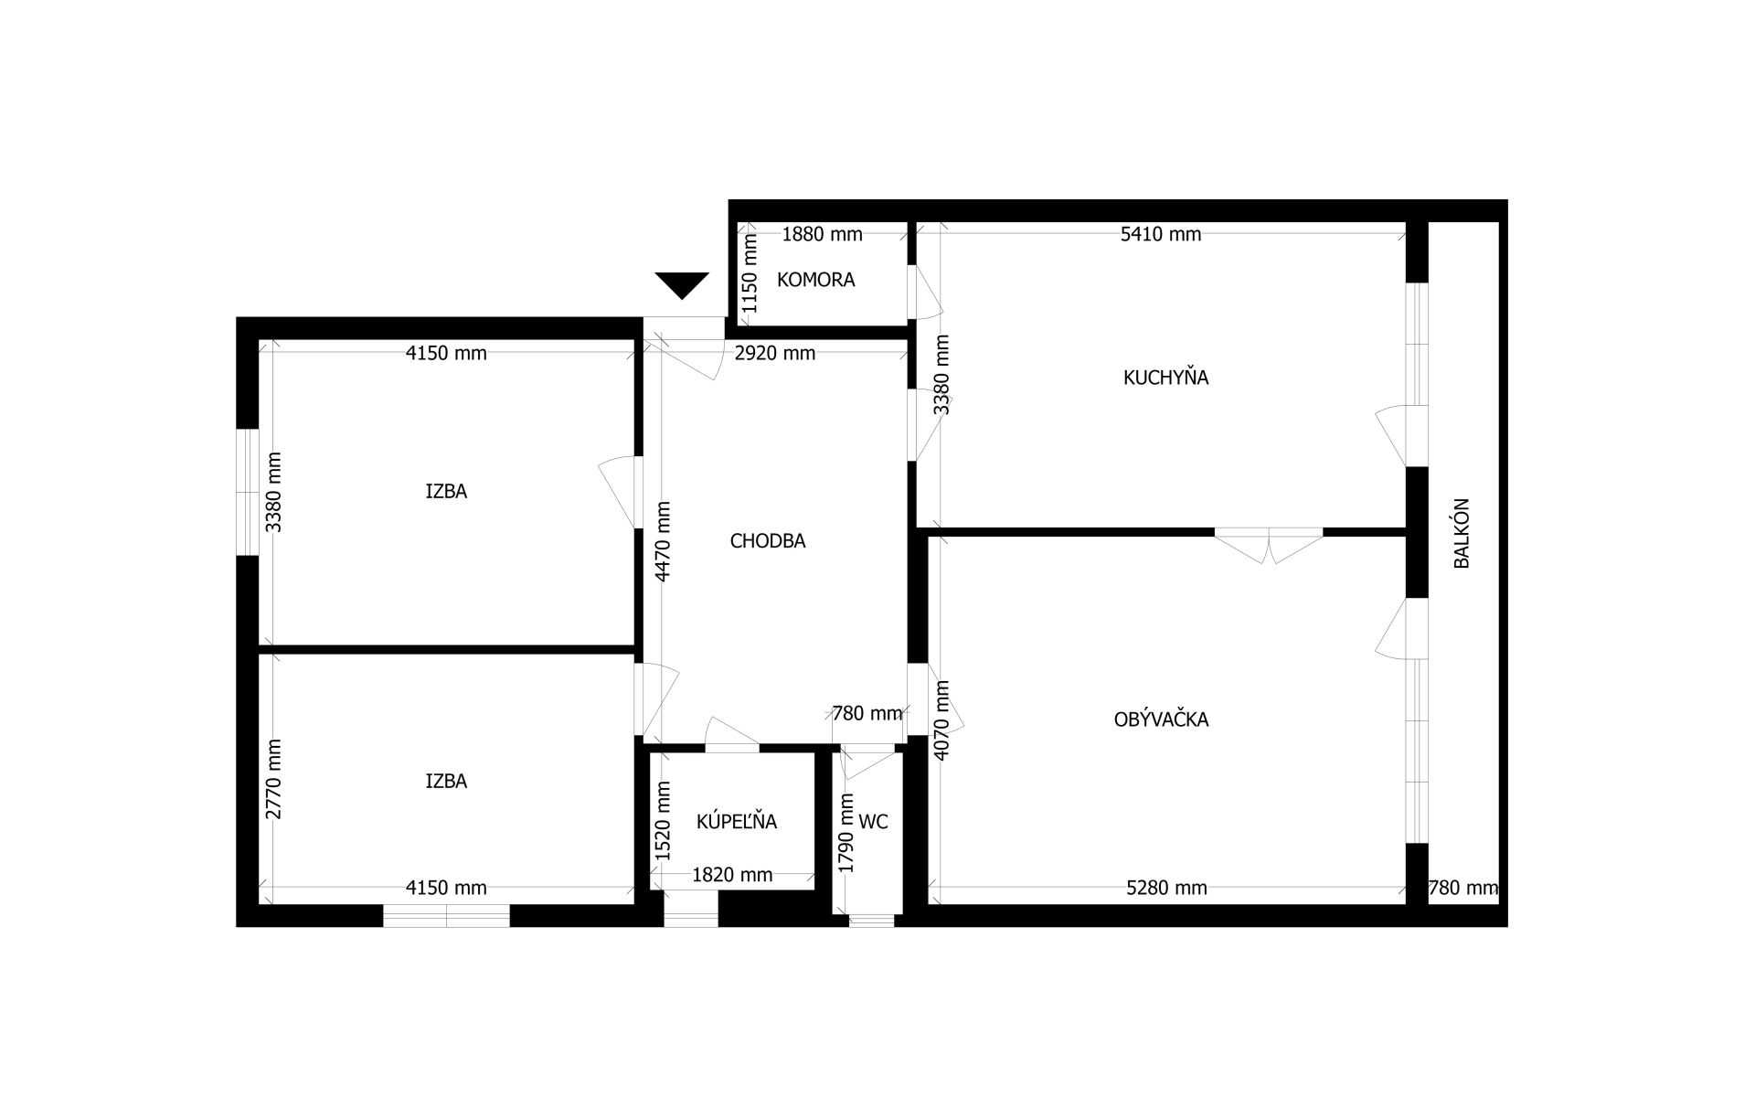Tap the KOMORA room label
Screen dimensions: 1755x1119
tap(816, 280)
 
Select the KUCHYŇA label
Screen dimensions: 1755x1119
tap(1165, 377)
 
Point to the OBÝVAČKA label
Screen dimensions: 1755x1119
tap(1161, 719)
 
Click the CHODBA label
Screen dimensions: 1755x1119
tap(768, 541)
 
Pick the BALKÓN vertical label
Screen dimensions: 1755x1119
tap(1462, 533)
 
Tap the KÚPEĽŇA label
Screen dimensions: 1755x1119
tap(737, 821)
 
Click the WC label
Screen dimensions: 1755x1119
tap(874, 822)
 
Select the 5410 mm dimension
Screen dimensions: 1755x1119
tap(1161, 234)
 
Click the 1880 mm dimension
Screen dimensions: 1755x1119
tap(822, 234)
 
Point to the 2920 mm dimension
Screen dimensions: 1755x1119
tap(775, 353)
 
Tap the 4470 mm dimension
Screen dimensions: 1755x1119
tap(664, 541)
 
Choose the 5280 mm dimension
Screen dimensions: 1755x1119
tap(1166, 888)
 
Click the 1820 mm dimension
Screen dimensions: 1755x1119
tap(732, 875)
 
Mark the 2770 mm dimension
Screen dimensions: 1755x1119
tap(274, 779)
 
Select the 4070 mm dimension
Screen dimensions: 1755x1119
tap(943, 719)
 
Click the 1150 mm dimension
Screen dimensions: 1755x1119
tap(750, 273)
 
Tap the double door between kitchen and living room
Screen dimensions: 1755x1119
tap(1269, 546)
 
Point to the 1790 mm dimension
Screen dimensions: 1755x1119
tap(846, 833)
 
